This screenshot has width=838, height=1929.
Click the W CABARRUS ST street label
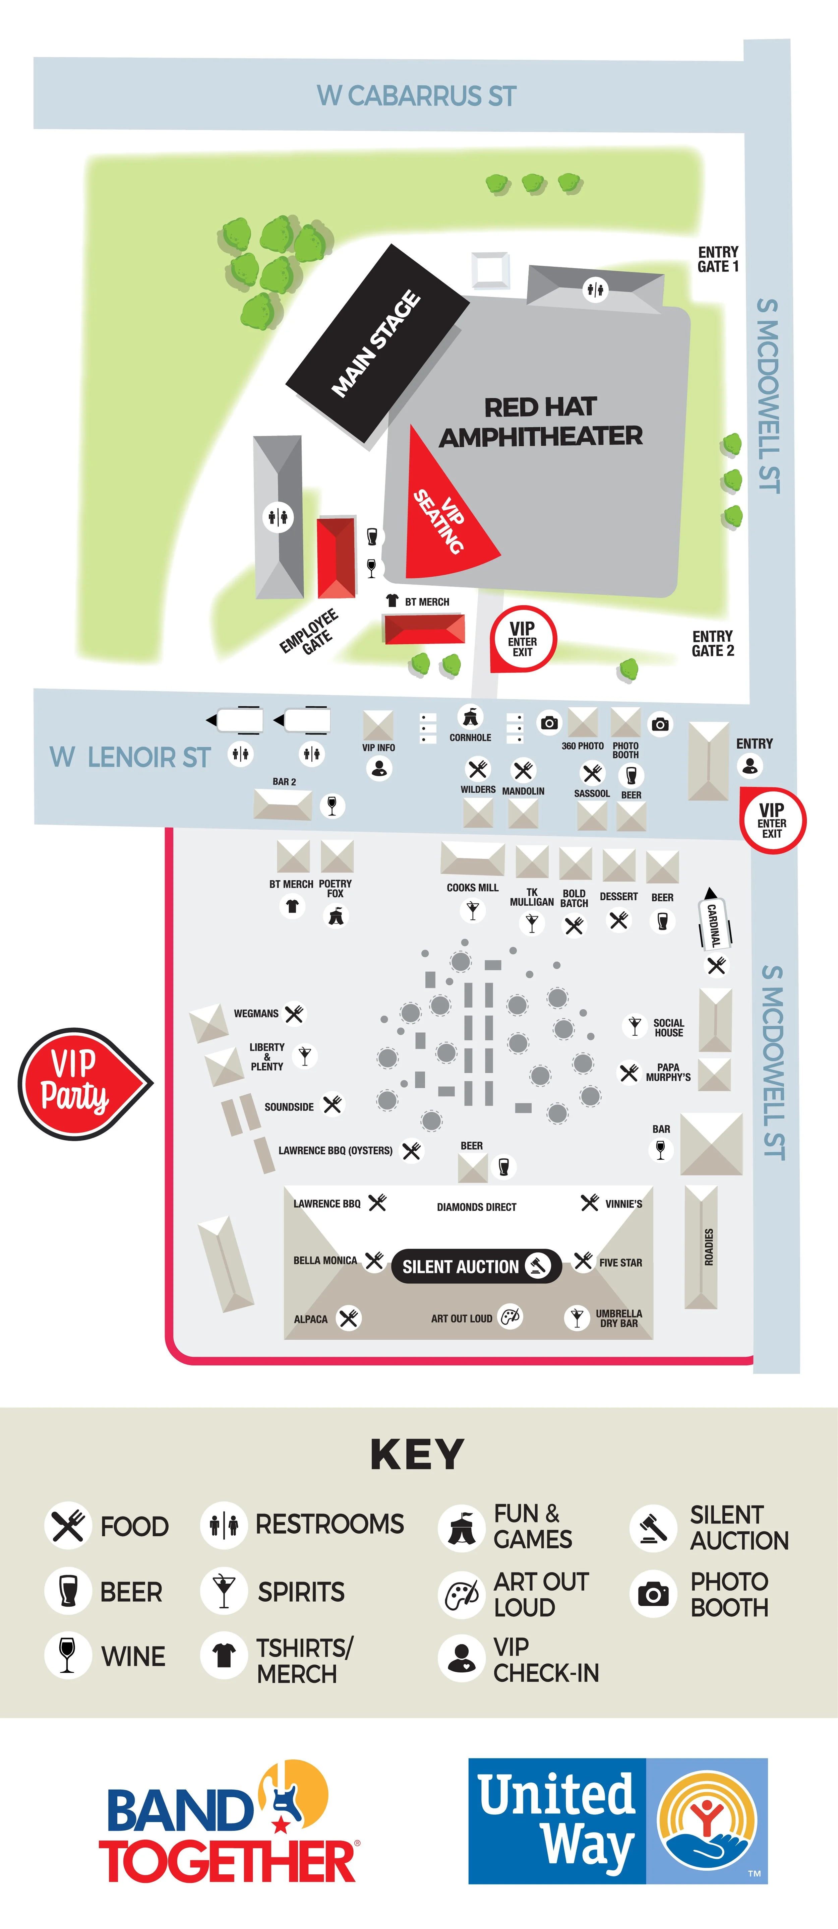(x=416, y=96)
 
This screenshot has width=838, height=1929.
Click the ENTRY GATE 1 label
(x=717, y=259)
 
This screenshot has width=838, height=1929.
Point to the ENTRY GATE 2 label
(x=712, y=643)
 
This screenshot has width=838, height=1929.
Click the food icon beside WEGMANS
(x=294, y=1014)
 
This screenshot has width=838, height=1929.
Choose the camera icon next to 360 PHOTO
(x=550, y=723)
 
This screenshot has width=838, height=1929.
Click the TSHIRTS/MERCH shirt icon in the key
(x=223, y=1655)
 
